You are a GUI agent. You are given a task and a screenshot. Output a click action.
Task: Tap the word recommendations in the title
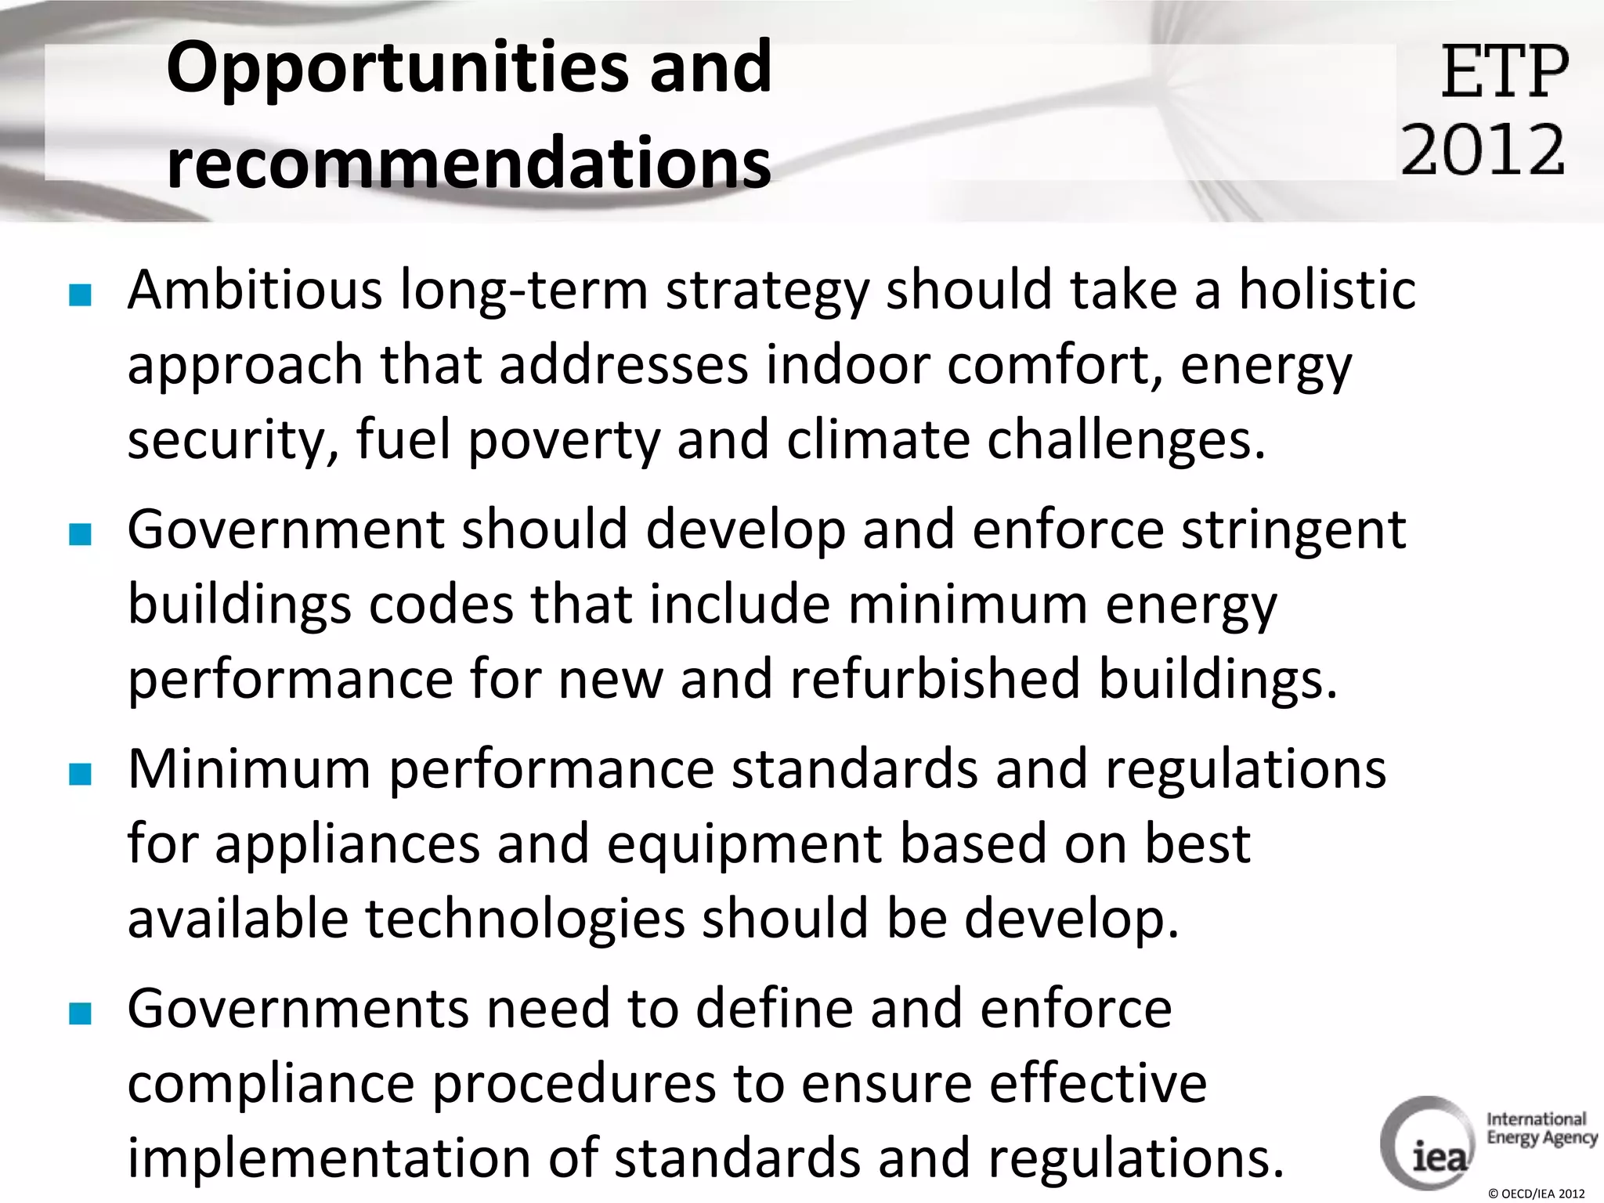coord(468,163)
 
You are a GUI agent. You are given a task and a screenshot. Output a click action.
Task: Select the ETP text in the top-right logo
coord(1505,72)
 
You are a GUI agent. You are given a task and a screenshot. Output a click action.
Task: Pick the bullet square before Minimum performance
coord(80,774)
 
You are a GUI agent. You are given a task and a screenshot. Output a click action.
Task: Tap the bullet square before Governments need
coord(80,1013)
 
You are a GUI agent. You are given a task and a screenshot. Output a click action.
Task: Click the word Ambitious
coord(255,290)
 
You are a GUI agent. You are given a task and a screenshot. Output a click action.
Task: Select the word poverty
coord(564,440)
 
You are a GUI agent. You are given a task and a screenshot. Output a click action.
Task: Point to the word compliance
coord(271,1084)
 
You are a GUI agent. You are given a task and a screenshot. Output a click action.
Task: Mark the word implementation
coord(329,1158)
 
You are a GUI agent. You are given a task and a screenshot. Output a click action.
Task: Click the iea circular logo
coord(1427,1143)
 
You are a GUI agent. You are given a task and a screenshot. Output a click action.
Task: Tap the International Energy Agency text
coord(1541,1128)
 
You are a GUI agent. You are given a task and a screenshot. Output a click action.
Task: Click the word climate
coord(877,440)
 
